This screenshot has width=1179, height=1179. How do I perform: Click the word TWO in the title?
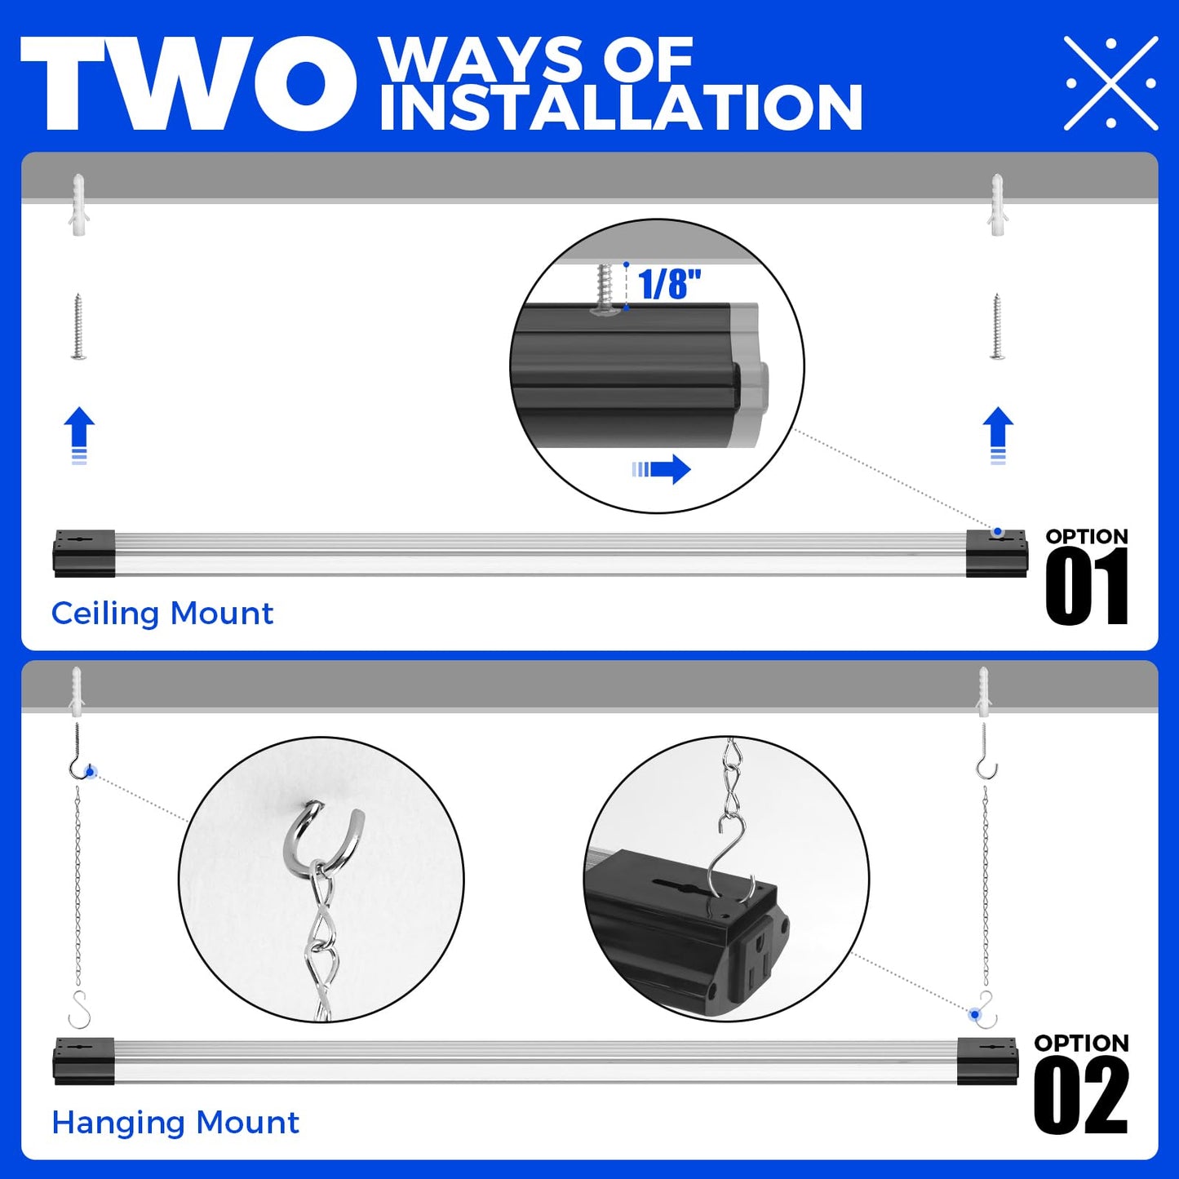click(x=188, y=83)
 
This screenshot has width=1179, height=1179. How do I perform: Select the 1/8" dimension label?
click(x=669, y=285)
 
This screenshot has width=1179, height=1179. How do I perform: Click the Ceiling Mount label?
click(x=162, y=614)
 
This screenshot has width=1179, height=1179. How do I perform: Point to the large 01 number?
click(x=1086, y=586)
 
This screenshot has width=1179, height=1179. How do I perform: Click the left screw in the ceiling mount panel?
click(x=78, y=326)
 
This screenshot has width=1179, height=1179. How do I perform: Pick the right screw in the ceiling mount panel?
click(x=997, y=326)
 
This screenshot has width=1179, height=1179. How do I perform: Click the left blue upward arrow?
click(x=79, y=434)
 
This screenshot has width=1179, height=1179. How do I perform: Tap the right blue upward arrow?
click(x=998, y=434)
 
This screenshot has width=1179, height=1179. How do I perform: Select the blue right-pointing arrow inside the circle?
click(x=662, y=469)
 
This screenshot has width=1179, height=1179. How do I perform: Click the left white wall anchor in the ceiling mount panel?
click(x=78, y=205)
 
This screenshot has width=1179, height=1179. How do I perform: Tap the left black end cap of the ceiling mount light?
click(x=84, y=553)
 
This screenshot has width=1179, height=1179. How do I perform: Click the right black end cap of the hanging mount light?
click(x=987, y=1061)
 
